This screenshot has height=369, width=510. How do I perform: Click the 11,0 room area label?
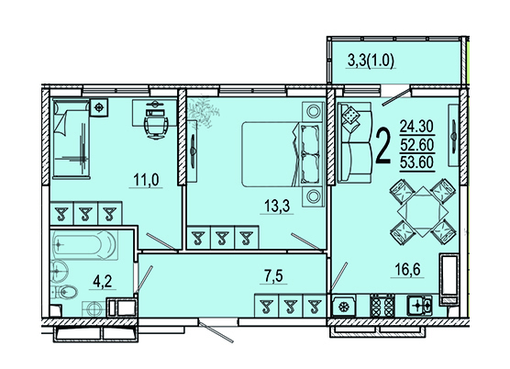point(146,180)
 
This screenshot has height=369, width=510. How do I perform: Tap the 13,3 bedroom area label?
point(277,207)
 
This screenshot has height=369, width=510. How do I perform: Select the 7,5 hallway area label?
point(273,276)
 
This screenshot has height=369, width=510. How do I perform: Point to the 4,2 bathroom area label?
point(103,282)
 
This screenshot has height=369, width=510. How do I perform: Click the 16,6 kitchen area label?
point(407,270)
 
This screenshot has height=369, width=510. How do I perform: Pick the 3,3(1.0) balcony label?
point(371,61)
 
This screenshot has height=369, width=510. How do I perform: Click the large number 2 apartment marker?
point(383,146)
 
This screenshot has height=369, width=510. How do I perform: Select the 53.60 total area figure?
point(417,162)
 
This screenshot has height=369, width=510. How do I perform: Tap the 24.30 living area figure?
point(417,127)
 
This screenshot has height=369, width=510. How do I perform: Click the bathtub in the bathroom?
point(83,245)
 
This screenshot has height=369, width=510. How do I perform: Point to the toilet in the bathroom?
point(65,293)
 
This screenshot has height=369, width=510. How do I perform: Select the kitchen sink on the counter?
point(419,306)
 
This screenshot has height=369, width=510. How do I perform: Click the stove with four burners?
point(382,306)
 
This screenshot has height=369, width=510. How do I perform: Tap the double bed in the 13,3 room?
point(283,154)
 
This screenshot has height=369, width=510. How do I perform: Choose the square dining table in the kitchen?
point(423,211)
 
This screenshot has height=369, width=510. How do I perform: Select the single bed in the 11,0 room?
point(72,139)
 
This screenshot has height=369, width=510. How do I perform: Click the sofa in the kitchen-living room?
point(355,142)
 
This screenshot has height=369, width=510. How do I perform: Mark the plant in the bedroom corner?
point(204,112)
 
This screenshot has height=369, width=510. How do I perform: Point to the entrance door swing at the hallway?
point(216,332)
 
